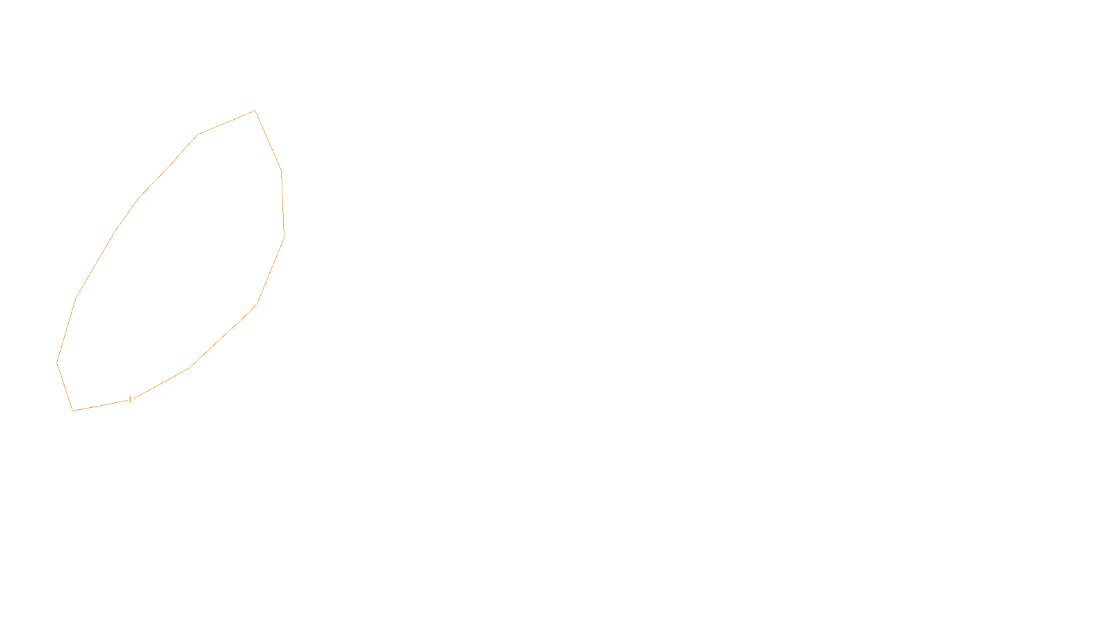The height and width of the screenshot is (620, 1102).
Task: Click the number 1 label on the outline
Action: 130,400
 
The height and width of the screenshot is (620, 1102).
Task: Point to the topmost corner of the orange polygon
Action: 255,110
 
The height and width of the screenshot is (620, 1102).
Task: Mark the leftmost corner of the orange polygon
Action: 57,362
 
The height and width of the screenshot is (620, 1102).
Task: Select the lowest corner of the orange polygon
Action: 73,411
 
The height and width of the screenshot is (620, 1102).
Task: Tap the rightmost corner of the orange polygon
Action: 284,238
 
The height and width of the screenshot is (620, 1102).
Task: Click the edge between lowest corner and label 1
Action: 100,406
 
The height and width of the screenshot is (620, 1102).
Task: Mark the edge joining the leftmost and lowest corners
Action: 65,386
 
